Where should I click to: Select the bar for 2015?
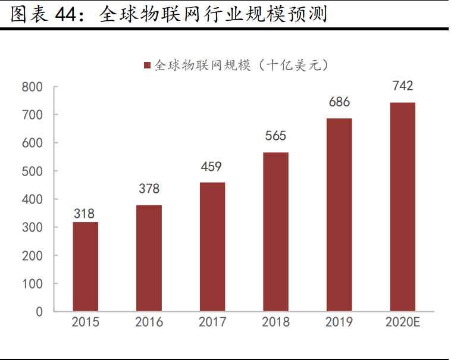point(86,267)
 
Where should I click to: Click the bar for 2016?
point(149,258)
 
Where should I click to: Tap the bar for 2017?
point(212,247)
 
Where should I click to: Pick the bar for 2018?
point(275,232)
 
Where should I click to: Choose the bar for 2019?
point(339,215)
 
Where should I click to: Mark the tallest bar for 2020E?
point(402,207)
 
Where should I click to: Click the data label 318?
point(84,214)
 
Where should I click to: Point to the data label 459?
point(212,167)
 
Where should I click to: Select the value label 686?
point(339,102)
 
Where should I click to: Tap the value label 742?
point(402,86)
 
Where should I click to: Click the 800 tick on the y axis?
point(32,87)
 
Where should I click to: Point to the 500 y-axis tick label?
point(32,171)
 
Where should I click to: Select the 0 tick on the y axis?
point(39,311)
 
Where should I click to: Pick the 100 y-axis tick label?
point(32,284)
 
